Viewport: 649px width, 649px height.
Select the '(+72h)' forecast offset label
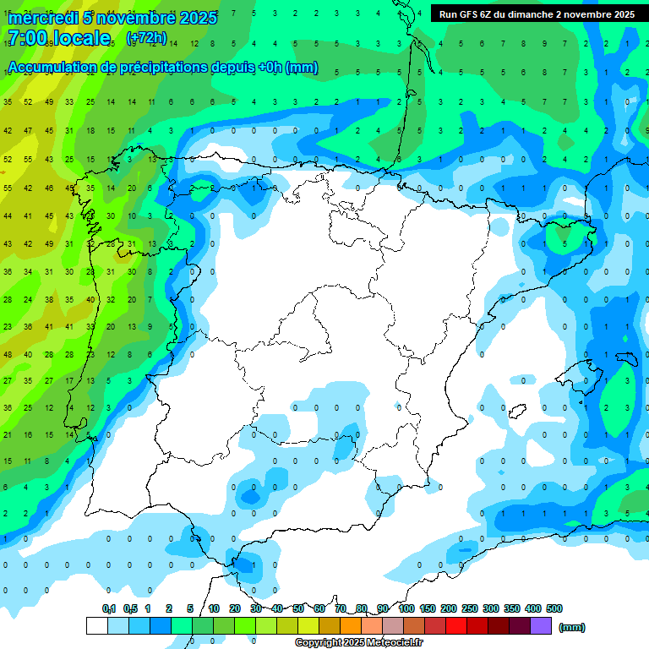pyautogui.click(x=146, y=37)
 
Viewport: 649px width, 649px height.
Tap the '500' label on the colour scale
pyautogui.click(x=554, y=608)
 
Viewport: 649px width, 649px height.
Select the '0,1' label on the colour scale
pyautogui.click(x=109, y=608)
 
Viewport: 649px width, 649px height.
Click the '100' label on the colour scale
pyautogui.click(x=406, y=608)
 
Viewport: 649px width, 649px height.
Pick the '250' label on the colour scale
pyautogui.click(x=469, y=608)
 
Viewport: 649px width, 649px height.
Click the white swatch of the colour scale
pyautogui.click(x=96, y=626)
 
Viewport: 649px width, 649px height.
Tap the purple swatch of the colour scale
pyautogui.click(x=541, y=626)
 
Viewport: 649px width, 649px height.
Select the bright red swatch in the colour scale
pyautogui.click(x=456, y=626)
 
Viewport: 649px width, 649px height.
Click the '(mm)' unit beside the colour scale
pyautogui.click(x=572, y=627)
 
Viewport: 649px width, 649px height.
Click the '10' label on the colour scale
pyautogui.click(x=214, y=608)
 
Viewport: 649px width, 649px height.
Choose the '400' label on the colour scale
pyautogui.click(x=532, y=608)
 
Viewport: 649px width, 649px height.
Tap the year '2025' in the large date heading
pyautogui.click(x=195, y=17)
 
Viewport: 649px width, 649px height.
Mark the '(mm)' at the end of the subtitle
pyautogui.click(x=302, y=68)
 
